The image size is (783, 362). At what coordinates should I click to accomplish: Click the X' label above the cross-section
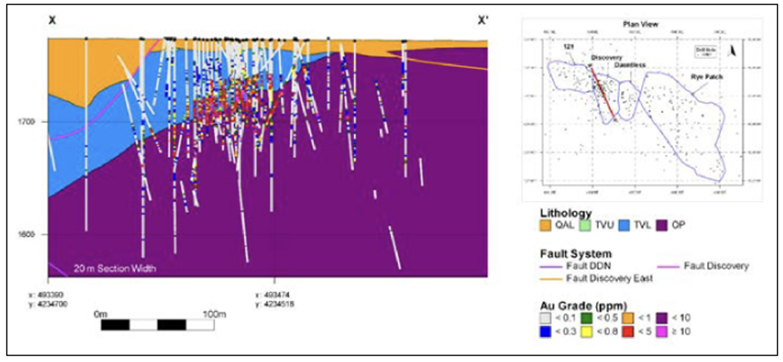483,20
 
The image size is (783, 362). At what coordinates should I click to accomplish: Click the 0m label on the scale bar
101,314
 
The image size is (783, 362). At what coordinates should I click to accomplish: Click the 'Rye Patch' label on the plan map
704,76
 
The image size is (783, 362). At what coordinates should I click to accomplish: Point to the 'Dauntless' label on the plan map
630,65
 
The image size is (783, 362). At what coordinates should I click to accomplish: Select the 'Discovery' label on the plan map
606,57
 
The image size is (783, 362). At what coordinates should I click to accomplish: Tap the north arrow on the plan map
732,51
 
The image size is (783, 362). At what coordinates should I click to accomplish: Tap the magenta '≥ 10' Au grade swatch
661,331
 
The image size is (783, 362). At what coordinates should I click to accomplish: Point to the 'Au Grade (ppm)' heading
583,306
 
